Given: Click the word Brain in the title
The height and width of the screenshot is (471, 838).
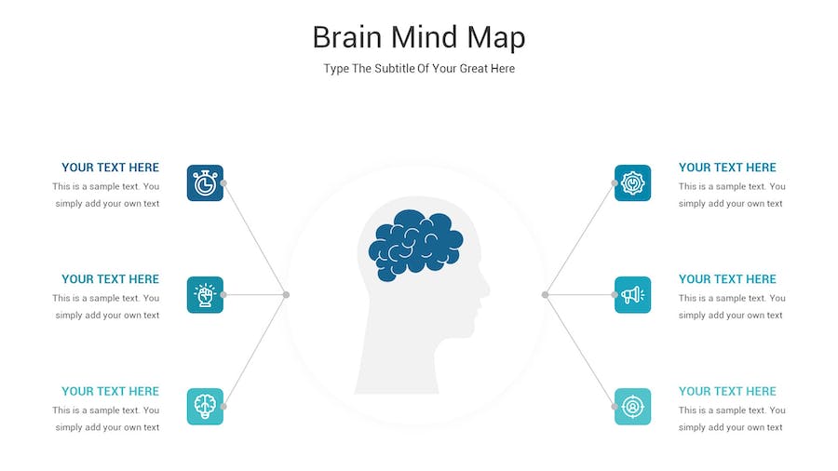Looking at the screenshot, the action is [347, 37].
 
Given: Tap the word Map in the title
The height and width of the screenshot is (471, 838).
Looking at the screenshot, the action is [496, 38].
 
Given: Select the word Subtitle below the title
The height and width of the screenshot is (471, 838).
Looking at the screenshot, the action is [395, 68].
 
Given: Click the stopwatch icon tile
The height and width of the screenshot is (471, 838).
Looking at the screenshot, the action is [205, 183].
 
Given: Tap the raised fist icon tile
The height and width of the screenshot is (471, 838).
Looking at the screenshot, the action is [205, 295].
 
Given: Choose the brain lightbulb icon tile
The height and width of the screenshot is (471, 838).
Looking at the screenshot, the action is [205, 407].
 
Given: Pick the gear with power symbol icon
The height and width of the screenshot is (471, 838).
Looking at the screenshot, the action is [633, 183].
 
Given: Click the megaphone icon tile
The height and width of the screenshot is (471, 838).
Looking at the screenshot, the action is [633, 295].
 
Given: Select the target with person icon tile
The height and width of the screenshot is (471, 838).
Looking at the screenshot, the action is [633, 407].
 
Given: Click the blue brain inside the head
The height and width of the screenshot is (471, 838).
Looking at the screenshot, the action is [415, 245].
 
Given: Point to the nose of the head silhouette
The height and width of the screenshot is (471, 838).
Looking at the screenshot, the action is [485, 289].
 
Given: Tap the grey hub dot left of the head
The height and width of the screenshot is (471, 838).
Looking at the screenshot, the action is [287, 295].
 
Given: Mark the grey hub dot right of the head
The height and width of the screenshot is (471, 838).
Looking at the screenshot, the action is [545, 295].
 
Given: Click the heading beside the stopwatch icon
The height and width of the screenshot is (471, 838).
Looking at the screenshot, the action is [111, 168].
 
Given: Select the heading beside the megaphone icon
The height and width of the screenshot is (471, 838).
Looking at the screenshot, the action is [727, 279].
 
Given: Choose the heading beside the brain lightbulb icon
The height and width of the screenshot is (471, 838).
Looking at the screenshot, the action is [111, 392].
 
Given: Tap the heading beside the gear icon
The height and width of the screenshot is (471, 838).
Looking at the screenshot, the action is [727, 168].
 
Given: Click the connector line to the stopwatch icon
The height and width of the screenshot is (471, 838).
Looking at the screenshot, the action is [255, 238].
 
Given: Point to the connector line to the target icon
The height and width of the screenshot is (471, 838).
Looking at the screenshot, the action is [580, 350].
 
